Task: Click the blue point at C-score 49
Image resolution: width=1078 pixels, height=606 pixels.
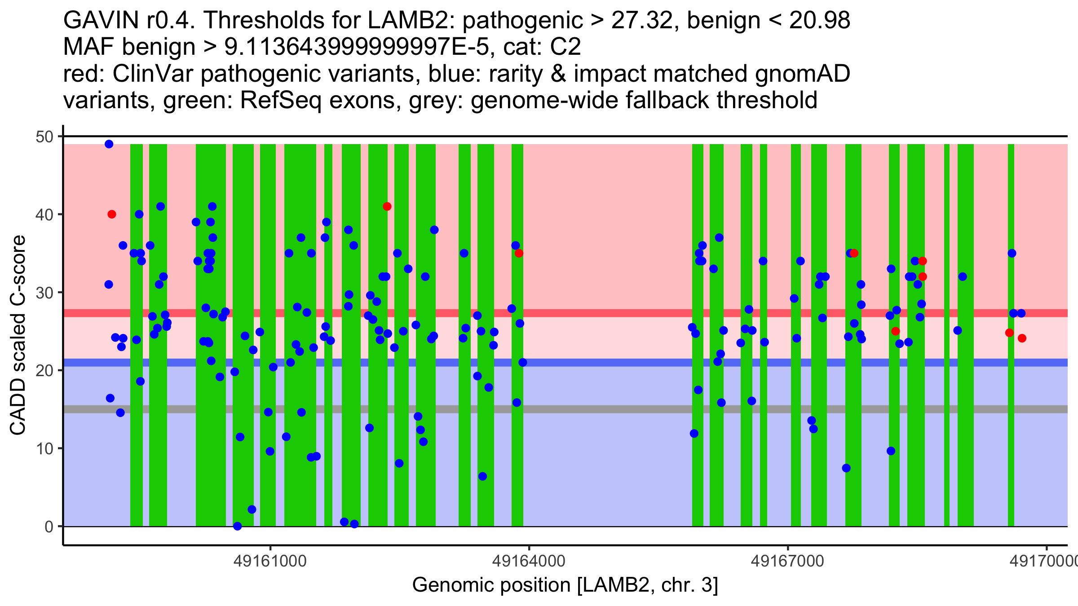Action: click(109, 144)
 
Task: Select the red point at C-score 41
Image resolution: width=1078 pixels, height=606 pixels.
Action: click(387, 206)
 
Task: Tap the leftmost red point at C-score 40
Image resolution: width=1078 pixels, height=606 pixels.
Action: click(112, 215)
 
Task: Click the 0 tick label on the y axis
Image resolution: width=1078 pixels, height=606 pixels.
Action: click(49, 527)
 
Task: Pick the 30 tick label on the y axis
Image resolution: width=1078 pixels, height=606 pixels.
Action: click(44, 293)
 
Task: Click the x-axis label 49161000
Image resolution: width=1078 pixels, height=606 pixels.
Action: click(270, 561)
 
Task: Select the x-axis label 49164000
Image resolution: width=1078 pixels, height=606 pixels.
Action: click(529, 561)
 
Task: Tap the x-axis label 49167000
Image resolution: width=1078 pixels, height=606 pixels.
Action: click(788, 561)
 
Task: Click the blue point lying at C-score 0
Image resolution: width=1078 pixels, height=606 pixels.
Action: click(238, 526)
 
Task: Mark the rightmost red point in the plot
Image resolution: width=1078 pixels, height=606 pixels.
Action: click(1022, 338)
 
